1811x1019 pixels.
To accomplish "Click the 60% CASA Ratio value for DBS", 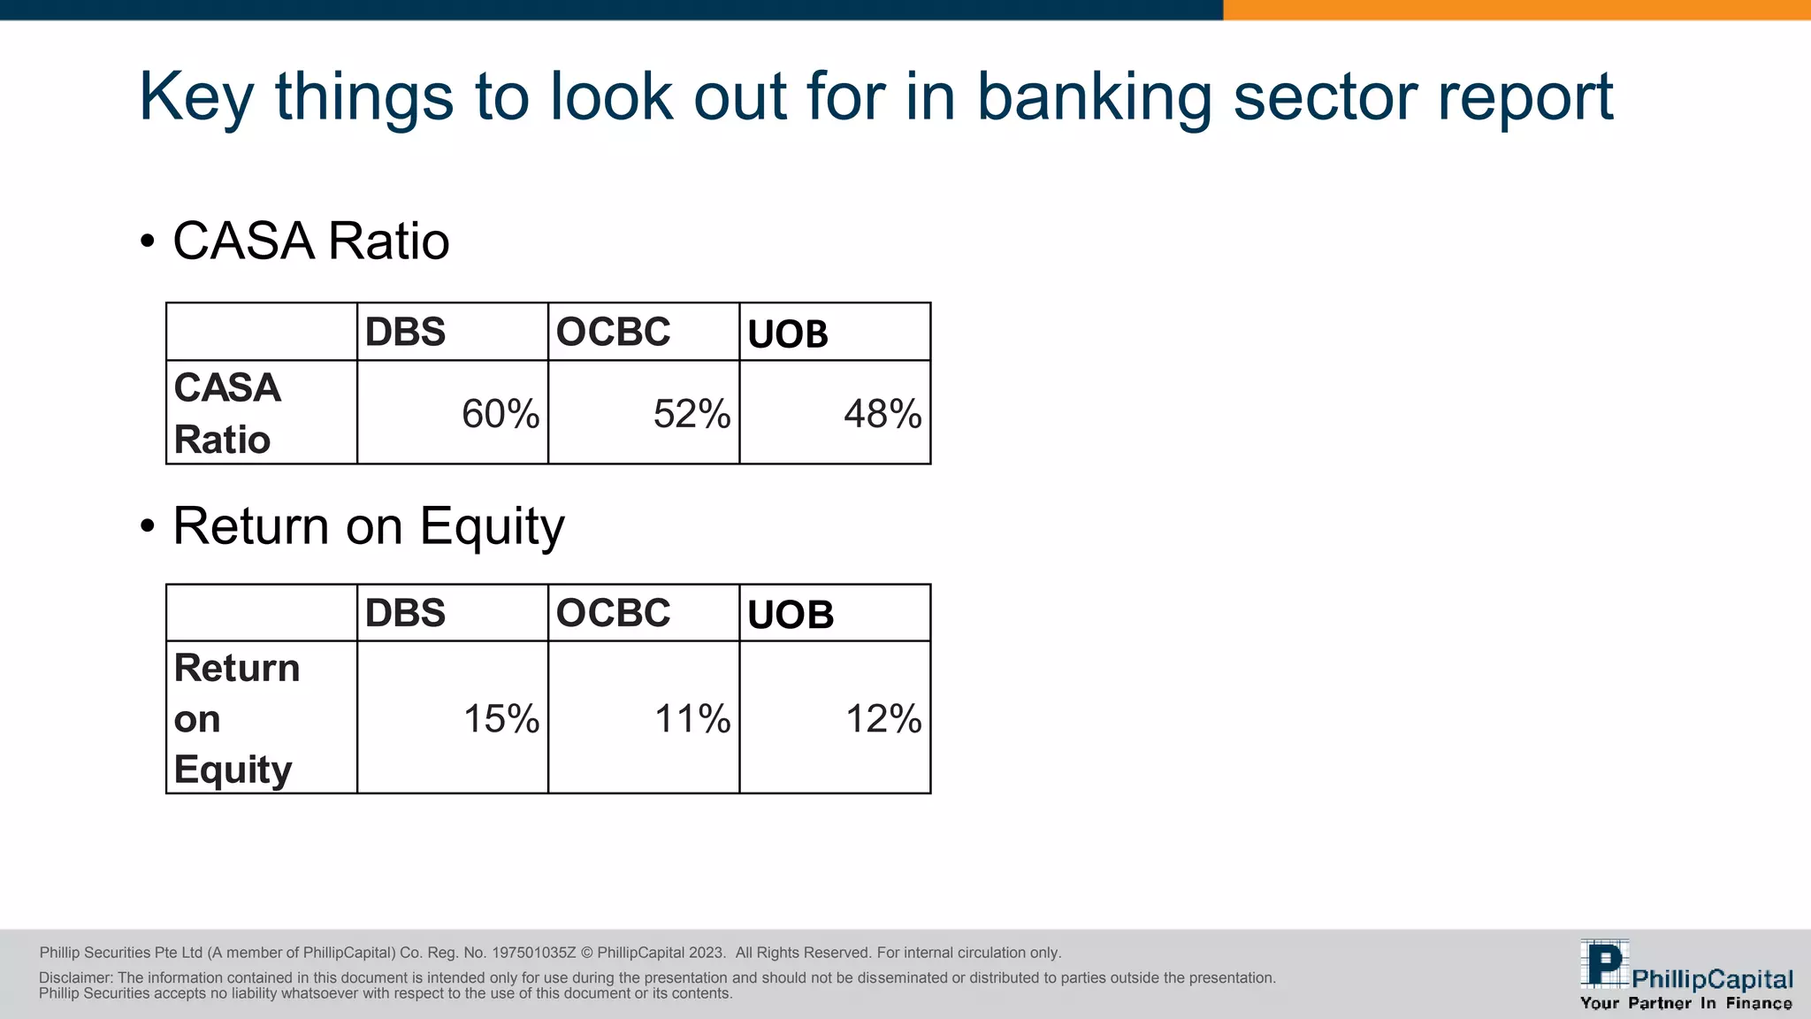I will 500,414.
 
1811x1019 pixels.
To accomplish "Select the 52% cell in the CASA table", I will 692,414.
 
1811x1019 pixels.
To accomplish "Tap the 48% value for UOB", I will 883,414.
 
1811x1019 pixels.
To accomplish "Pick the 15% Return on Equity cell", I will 501,718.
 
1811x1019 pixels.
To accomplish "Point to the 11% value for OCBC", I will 692,718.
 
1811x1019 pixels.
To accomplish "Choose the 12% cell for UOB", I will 883,718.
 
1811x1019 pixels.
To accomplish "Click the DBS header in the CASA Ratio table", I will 405,332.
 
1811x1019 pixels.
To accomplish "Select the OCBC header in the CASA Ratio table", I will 613,332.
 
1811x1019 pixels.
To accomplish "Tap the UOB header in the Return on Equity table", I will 790,615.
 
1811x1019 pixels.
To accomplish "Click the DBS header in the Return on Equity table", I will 405,613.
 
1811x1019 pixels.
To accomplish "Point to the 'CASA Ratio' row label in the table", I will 226,413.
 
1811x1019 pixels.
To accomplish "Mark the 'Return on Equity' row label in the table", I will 236,717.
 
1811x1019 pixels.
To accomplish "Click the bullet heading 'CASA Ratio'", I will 310,241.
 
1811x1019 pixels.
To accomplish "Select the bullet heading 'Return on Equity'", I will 368,526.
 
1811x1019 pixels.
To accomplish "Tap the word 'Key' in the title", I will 195,97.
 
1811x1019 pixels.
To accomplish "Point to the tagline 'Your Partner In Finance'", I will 1685,1003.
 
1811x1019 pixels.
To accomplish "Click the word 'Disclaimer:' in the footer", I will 76,977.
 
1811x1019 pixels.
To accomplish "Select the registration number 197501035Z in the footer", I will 533,953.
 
